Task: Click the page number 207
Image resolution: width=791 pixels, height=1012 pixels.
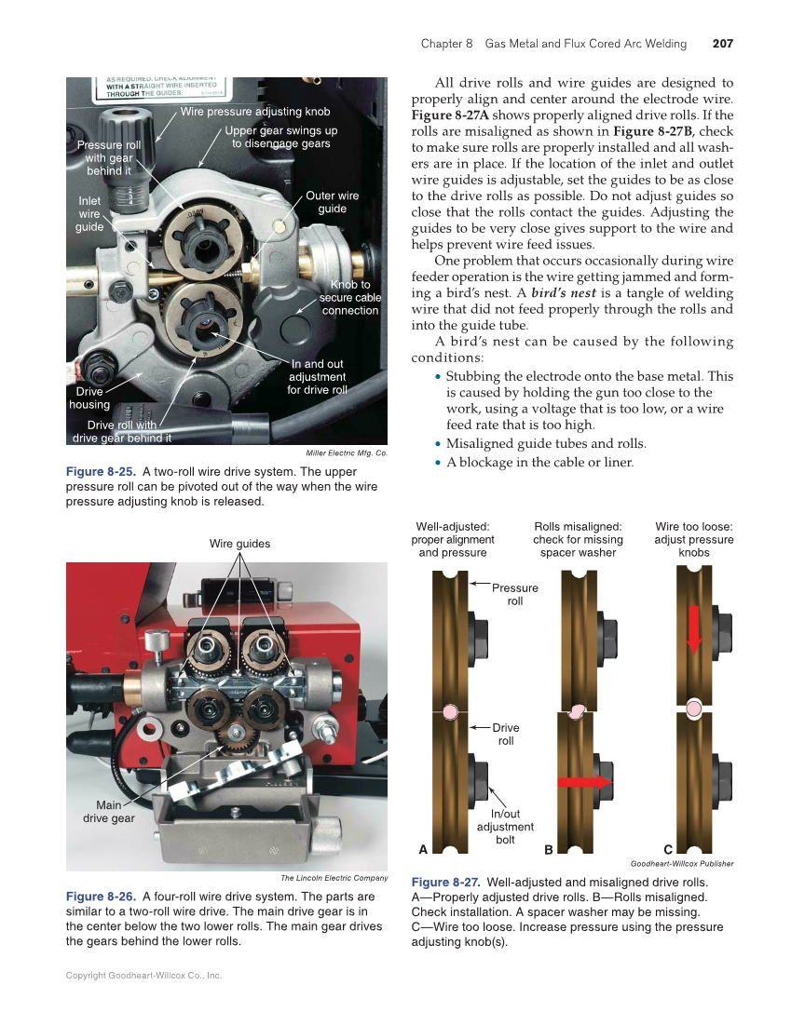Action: coord(722,44)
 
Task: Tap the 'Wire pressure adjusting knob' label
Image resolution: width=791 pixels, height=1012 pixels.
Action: coord(255,112)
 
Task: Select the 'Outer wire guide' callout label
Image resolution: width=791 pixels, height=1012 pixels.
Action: coord(332,202)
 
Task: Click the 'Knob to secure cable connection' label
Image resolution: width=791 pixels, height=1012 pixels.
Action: coord(349,297)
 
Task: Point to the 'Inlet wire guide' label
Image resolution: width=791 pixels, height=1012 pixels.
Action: coord(89,213)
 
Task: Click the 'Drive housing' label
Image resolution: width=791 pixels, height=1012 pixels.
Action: coord(89,398)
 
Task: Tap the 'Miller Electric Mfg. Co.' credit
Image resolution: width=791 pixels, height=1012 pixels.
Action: coord(347,453)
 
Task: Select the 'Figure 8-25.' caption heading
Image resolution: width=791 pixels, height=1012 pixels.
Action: coord(101,472)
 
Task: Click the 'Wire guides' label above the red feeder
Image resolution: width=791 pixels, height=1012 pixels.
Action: coord(239,544)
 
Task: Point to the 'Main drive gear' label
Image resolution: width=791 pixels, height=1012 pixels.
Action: coord(109,811)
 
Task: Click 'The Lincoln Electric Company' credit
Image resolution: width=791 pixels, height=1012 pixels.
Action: coord(334,878)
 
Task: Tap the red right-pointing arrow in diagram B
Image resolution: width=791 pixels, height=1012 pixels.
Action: coord(584,781)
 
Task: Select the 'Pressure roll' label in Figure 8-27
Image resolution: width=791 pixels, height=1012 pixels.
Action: coord(514,594)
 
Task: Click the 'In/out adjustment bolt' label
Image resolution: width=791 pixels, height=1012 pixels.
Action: coord(505,827)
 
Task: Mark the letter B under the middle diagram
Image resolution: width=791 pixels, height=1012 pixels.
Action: coord(549,849)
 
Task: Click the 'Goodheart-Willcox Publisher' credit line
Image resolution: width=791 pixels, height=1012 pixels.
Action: coord(682,864)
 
